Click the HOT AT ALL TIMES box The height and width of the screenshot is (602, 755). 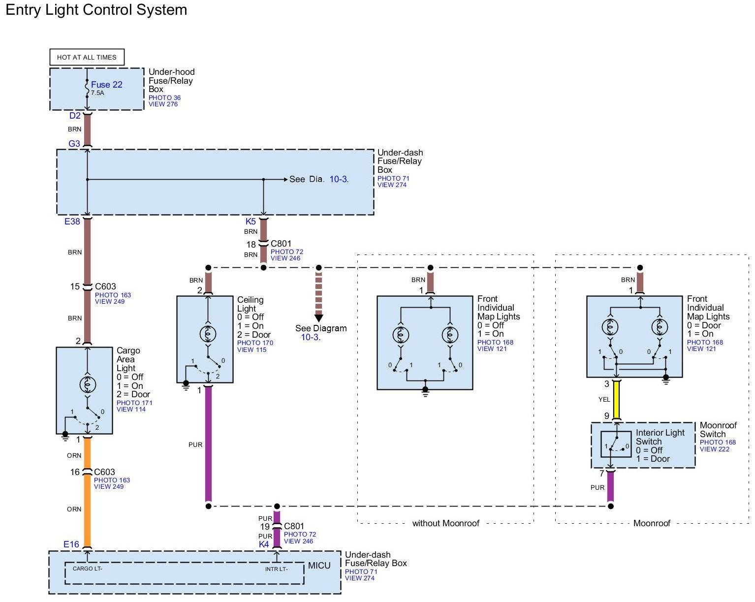point(87,57)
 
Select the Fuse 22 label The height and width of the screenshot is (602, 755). point(106,85)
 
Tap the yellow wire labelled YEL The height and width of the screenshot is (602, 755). point(616,399)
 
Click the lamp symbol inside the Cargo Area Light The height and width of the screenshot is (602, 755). point(88,384)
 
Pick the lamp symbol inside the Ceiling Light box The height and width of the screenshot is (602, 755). point(208,334)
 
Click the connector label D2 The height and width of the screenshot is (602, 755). point(75,116)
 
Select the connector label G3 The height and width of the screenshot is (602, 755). point(74,144)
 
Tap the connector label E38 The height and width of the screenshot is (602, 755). point(72,222)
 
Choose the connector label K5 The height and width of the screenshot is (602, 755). point(251,222)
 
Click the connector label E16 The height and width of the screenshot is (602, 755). point(71,544)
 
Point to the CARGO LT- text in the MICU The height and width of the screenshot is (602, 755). point(88,569)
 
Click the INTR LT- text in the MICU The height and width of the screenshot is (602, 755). point(277,569)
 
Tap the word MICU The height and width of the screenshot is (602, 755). point(319,566)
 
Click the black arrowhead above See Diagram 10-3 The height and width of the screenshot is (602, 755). point(319,318)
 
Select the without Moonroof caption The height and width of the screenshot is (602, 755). point(445,523)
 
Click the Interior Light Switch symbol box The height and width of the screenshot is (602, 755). point(616,444)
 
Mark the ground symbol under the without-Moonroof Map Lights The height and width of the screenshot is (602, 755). point(426,392)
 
